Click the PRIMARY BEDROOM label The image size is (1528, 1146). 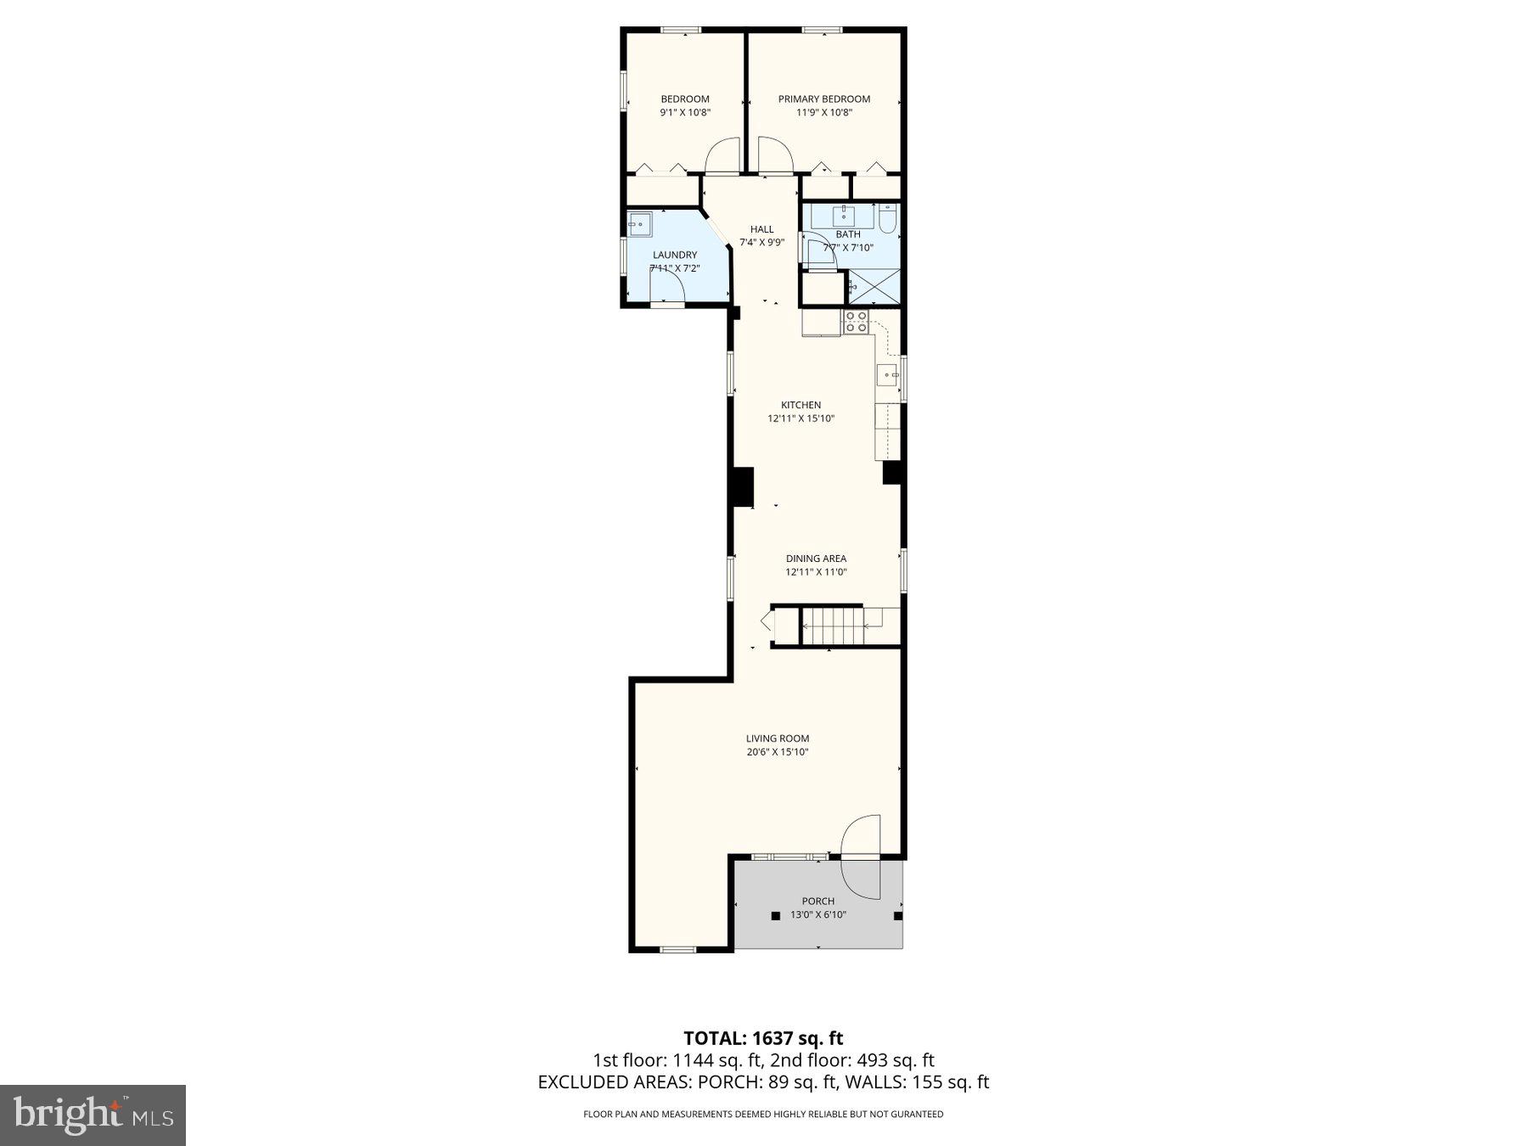coord(823,99)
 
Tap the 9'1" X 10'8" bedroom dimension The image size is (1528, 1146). coord(684,113)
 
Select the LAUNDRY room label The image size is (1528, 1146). coord(674,255)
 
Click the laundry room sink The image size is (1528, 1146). coord(638,225)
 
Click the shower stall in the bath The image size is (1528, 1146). coord(874,287)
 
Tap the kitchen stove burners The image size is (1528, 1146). coord(856,322)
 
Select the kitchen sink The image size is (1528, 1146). coord(888,374)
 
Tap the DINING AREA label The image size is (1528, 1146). coord(815,559)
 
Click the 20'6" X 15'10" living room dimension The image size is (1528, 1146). coord(777,752)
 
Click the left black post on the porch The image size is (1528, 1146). coord(775,916)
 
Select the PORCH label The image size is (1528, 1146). coord(817,902)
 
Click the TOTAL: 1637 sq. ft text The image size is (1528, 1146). coord(762,1037)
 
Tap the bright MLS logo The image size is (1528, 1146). coord(93,1115)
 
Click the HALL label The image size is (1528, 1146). coord(761,229)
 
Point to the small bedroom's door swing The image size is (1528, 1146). coord(723,155)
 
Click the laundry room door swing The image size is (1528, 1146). coord(667,289)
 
